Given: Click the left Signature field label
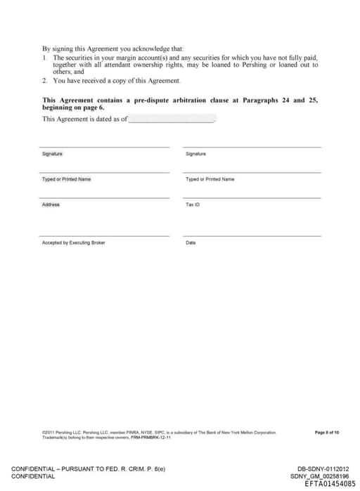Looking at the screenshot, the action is click(x=52, y=153).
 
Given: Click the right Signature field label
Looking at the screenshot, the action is click(x=195, y=153).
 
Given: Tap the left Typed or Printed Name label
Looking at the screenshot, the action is click(x=66, y=179).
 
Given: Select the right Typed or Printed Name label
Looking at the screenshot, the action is click(x=210, y=179).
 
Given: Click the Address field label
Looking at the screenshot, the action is click(x=51, y=204).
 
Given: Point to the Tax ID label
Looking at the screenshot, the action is click(x=193, y=204).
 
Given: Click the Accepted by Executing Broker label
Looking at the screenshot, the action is click(x=73, y=242).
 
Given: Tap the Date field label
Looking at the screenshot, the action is click(x=191, y=242).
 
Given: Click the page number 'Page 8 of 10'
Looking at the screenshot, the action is click(x=327, y=432).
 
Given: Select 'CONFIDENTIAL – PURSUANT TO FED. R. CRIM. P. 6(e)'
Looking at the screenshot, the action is click(x=87, y=469).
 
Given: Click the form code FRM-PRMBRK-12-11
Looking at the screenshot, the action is click(x=150, y=437).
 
